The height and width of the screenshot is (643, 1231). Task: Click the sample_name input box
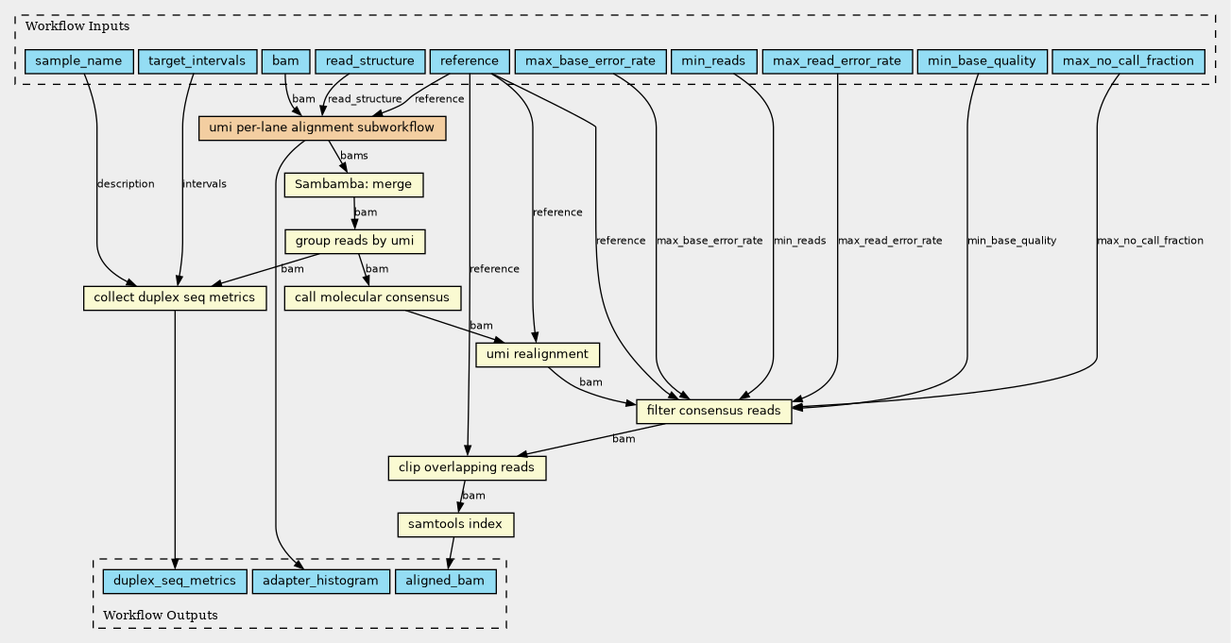pyautogui.click(x=79, y=61)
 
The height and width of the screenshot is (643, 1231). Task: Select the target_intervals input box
pyautogui.click(x=197, y=61)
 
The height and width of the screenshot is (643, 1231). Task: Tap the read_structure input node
pyautogui.click(x=369, y=61)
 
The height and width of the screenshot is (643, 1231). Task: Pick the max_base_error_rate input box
pyautogui.click(x=590, y=61)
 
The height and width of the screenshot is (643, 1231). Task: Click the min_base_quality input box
pyautogui.click(x=982, y=61)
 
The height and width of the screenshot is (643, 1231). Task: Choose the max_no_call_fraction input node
pyautogui.click(x=1128, y=61)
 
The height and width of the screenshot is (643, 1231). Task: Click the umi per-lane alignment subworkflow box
pyautogui.click(x=322, y=128)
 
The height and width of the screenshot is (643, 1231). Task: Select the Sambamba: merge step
pyautogui.click(x=353, y=184)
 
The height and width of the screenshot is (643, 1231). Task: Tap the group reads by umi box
pyautogui.click(x=354, y=241)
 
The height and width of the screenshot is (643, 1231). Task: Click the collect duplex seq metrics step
pyautogui.click(x=175, y=297)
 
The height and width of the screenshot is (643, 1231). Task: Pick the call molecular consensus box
pyautogui.click(x=372, y=297)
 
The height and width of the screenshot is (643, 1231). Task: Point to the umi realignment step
pyautogui.click(x=538, y=355)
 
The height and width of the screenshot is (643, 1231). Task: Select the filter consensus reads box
pyautogui.click(x=714, y=412)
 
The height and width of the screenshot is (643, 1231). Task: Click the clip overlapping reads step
pyautogui.click(x=467, y=467)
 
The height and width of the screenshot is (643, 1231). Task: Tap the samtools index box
pyautogui.click(x=455, y=524)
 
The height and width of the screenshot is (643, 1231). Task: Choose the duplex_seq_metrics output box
pyautogui.click(x=175, y=581)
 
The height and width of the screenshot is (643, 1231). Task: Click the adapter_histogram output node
pyautogui.click(x=321, y=581)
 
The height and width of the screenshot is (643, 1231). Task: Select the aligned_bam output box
pyautogui.click(x=445, y=581)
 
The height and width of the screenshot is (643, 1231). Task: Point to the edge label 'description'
pyautogui.click(x=126, y=184)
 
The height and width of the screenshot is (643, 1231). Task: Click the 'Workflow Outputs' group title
pyautogui.click(x=161, y=615)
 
